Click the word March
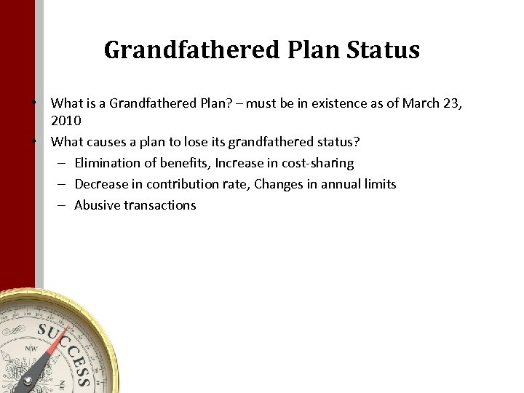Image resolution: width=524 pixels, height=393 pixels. click(420, 103)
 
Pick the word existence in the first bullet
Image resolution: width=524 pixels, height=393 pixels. click(343, 103)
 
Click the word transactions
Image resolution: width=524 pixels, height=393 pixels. click(159, 205)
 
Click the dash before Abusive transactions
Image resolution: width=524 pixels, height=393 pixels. click(62, 205)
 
